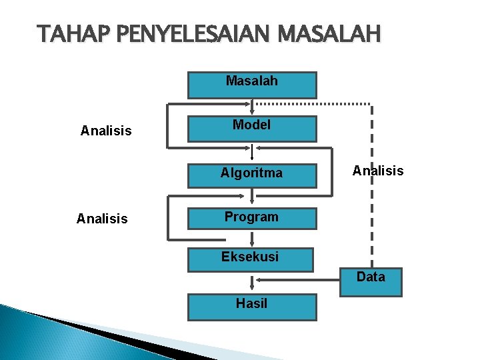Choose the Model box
(252, 128)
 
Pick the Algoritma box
(252, 174)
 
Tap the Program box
(252, 218)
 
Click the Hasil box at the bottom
(252, 306)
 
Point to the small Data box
(371, 281)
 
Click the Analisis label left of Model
(106, 131)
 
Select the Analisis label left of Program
(102, 219)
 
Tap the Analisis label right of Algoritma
(378, 171)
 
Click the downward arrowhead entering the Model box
(252, 111)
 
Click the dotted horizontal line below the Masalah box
(313, 105)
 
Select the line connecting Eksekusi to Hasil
(252, 283)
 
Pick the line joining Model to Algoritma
(252, 151)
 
